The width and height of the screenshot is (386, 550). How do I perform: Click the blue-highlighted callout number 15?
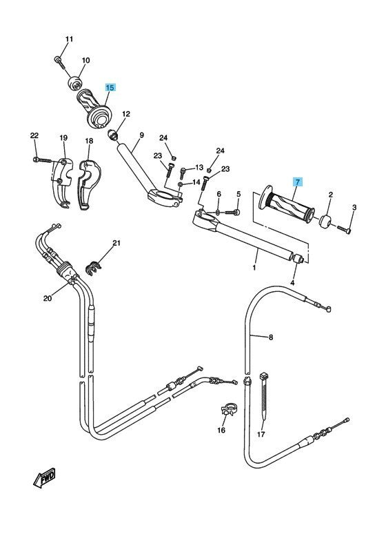110,88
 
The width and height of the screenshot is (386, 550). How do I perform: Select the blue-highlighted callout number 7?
298,182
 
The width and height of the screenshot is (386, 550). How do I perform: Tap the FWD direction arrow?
45,478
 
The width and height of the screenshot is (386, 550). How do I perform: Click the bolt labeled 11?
59,62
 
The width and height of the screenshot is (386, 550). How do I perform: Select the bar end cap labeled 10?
74,84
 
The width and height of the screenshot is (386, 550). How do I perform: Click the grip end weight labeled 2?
325,222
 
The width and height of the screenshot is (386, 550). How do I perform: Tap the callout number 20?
48,298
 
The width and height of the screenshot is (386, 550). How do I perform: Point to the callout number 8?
271,337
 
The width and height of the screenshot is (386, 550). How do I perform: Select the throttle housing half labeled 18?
89,184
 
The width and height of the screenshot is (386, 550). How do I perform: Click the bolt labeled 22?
43,160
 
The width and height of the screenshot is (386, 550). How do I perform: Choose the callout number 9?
141,135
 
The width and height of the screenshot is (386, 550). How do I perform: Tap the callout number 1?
254,268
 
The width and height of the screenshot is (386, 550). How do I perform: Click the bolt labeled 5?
233,212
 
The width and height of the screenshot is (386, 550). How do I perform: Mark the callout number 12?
126,114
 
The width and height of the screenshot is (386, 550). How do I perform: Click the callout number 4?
292,282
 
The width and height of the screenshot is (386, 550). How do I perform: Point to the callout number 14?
196,182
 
